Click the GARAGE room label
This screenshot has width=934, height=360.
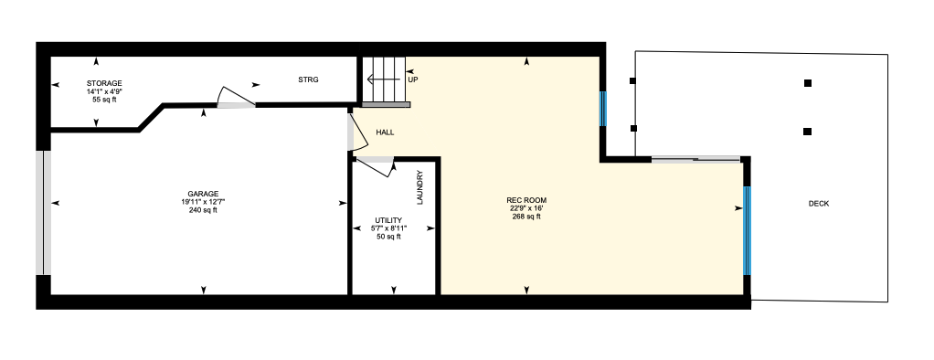[203, 194]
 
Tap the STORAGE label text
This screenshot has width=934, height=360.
[104, 83]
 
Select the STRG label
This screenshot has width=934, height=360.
[309, 79]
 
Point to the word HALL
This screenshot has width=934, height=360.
[385, 132]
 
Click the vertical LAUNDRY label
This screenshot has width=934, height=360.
[420, 187]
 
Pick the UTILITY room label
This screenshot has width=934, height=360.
[388, 220]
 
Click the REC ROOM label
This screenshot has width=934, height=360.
[526, 200]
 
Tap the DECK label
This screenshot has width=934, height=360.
[819, 204]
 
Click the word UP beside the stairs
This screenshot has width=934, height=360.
[412, 79]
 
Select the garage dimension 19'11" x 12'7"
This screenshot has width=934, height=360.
[203, 201]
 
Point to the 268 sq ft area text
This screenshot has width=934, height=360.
[526, 217]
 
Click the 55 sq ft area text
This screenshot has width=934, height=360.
[104, 100]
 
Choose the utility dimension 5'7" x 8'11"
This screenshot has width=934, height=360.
[388, 228]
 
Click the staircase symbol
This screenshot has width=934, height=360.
[384, 81]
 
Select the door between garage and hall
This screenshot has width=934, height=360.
[357, 132]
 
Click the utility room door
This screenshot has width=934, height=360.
[376, 166]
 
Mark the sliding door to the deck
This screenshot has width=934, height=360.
[695, 159]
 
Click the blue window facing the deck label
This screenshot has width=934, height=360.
[747, 230]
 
